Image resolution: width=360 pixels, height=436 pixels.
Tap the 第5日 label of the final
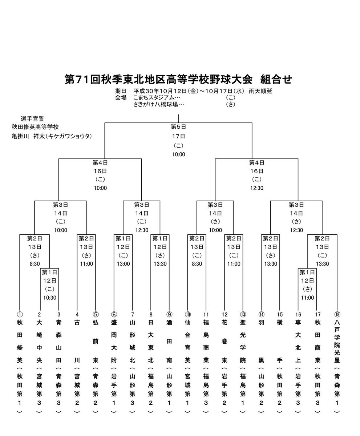(178, 127)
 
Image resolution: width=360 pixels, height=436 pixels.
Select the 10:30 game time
(49, 298)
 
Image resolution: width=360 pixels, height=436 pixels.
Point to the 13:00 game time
(123, 264)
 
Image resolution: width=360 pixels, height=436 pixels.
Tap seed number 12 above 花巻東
(225, 315)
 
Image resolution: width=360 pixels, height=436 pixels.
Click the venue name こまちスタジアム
(157, 98)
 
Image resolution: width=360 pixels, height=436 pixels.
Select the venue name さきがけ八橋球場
(159, 105)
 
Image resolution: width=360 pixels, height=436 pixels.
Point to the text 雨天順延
(260, 91)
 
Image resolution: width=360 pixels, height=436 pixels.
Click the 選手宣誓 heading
(32, 119)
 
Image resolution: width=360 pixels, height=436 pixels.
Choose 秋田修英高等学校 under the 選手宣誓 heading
(35, 128)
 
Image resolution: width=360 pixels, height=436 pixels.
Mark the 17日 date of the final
(178, 136)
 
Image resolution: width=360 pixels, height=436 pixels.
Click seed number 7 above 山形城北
(132, 315)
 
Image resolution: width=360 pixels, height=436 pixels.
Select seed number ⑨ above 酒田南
(169, 315)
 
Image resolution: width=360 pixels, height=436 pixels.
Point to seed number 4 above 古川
(77, 315)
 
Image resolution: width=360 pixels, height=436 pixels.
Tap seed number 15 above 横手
(279, 315)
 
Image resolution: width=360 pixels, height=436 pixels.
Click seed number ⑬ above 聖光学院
(243, 315)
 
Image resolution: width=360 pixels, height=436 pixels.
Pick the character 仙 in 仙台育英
(188, 323)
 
